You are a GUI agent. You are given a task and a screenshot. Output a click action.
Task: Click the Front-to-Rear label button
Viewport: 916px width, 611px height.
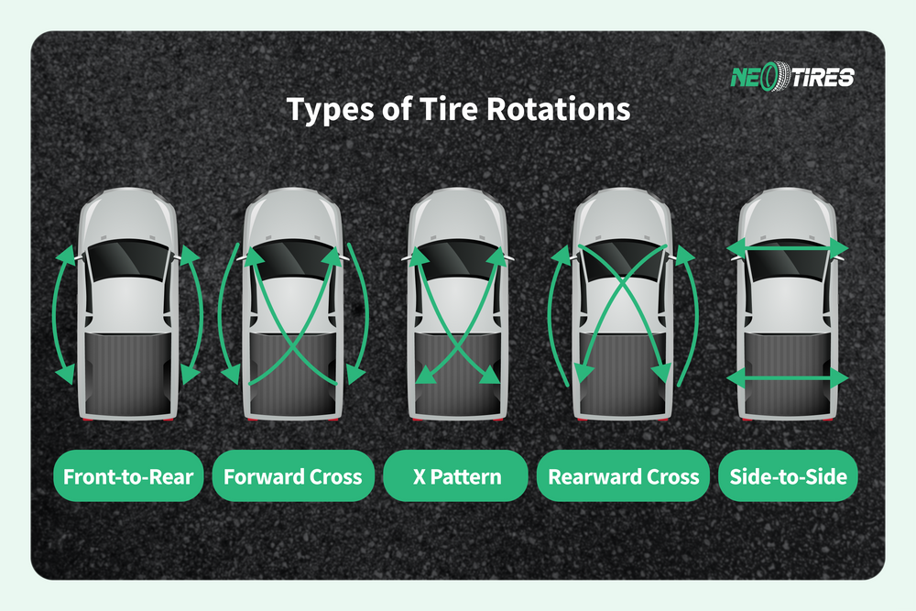coord(128,476)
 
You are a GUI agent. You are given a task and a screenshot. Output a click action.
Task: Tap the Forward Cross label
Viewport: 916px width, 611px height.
coord(293,476)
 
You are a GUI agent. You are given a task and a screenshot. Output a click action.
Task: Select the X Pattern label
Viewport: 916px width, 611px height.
coord(455,476)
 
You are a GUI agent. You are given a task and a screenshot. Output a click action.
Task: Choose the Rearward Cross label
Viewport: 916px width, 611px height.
coord(623,476)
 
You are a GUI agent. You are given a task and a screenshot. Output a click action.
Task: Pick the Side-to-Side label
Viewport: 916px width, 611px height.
coord(788,476)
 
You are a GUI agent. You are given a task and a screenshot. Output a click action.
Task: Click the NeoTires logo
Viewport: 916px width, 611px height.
coord(791,76)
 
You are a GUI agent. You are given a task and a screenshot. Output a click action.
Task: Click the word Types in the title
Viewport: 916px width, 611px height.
coord(324,109)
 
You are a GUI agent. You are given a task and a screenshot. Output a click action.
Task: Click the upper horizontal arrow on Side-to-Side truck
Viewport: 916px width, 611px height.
coord(787,245)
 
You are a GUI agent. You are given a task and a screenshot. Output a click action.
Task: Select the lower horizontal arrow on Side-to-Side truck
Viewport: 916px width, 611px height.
coord(787,377)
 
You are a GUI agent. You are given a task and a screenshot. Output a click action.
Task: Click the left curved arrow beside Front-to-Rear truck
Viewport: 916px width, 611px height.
coord(57,311)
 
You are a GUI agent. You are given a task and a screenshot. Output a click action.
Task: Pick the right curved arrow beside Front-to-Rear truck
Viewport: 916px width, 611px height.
coord(200,311)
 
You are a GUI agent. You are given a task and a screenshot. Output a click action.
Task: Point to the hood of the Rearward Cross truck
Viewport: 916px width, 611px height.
coord(623,215)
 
